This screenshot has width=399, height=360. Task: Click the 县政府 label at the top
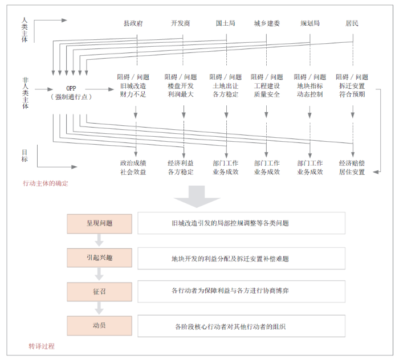(x=133, y=24)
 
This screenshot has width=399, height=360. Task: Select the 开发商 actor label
(x=181, y=24)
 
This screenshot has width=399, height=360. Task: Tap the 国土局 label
(x=225, y=24)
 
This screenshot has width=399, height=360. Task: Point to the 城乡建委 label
(x=267, y=24)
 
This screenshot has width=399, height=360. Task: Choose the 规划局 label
(x=310, y=24)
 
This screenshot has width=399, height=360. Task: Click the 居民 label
(x=352, y=24)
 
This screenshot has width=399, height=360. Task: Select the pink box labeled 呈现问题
(x=99, y=223)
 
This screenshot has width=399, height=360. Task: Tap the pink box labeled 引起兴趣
(x=99, y=257)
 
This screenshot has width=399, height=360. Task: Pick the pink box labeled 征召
(x=99, y=291)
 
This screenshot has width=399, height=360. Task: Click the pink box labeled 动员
(x=99, y=326)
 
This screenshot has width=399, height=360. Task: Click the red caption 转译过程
(x=42, y=346)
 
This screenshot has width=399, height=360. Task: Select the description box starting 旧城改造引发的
(x=241, y=223)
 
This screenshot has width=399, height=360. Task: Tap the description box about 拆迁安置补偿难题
(x=241, y=258)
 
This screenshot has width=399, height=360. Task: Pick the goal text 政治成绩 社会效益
(x=133, y=167)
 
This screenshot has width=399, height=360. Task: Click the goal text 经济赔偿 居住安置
(x=352, y=167)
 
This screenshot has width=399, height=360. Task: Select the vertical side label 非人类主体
(x=25, y=93)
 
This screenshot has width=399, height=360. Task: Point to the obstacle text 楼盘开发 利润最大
(x=181, y=90)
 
